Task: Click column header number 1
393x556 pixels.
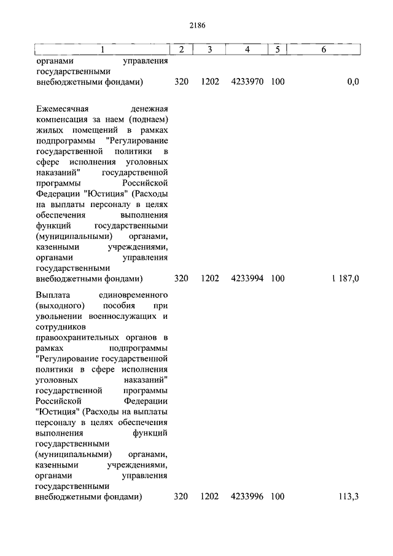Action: [102, 49]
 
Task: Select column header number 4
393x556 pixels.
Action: [247, 49]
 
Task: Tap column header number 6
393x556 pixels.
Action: [324, 49]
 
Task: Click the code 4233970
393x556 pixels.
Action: [247, 81]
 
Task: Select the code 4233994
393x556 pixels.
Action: [247, 278]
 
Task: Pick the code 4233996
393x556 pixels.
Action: [247, 496]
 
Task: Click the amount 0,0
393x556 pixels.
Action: [352, 81]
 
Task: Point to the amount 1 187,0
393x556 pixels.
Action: [346, 278]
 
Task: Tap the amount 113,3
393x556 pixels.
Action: [349, 496]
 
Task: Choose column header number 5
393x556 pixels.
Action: [277, 49]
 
